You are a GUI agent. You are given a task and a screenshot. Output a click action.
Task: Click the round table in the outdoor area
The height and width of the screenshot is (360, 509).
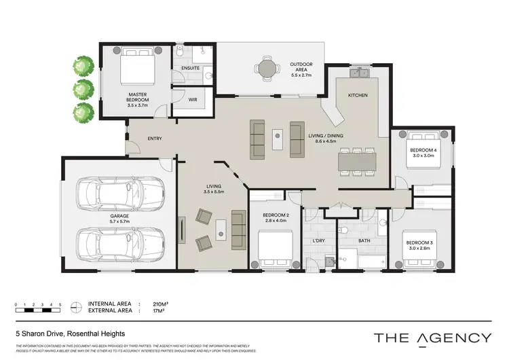265,68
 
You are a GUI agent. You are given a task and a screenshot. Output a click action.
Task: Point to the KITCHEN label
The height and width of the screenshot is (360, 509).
358,95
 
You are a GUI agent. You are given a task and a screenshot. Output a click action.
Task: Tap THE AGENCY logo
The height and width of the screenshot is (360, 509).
433,338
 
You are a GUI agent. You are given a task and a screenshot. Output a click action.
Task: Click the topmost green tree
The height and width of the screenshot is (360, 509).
83,66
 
